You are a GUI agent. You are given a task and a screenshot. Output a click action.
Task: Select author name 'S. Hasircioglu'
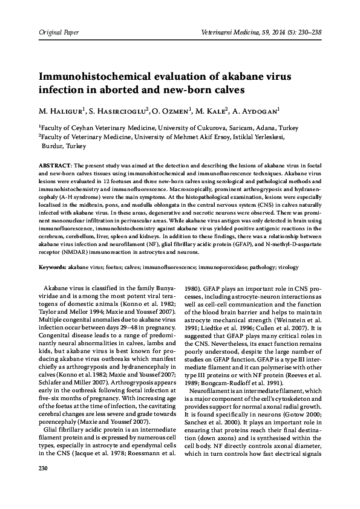pos(120,112)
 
